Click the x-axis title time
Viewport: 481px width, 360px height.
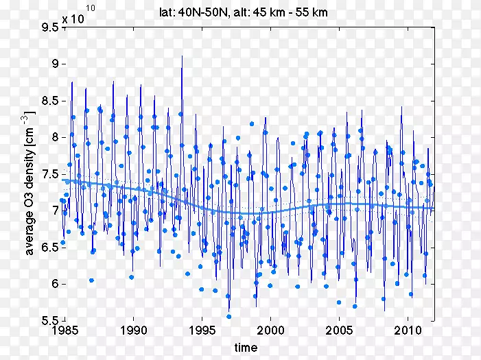(246, 348)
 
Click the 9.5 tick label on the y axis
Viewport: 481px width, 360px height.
(49, 27)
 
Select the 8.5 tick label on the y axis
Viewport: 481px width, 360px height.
(49, 101)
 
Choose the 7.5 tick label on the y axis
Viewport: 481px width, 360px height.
(49, 174)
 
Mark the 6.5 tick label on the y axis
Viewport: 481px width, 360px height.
(49, 248)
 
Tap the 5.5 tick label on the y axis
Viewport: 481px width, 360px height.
(49, 320)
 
